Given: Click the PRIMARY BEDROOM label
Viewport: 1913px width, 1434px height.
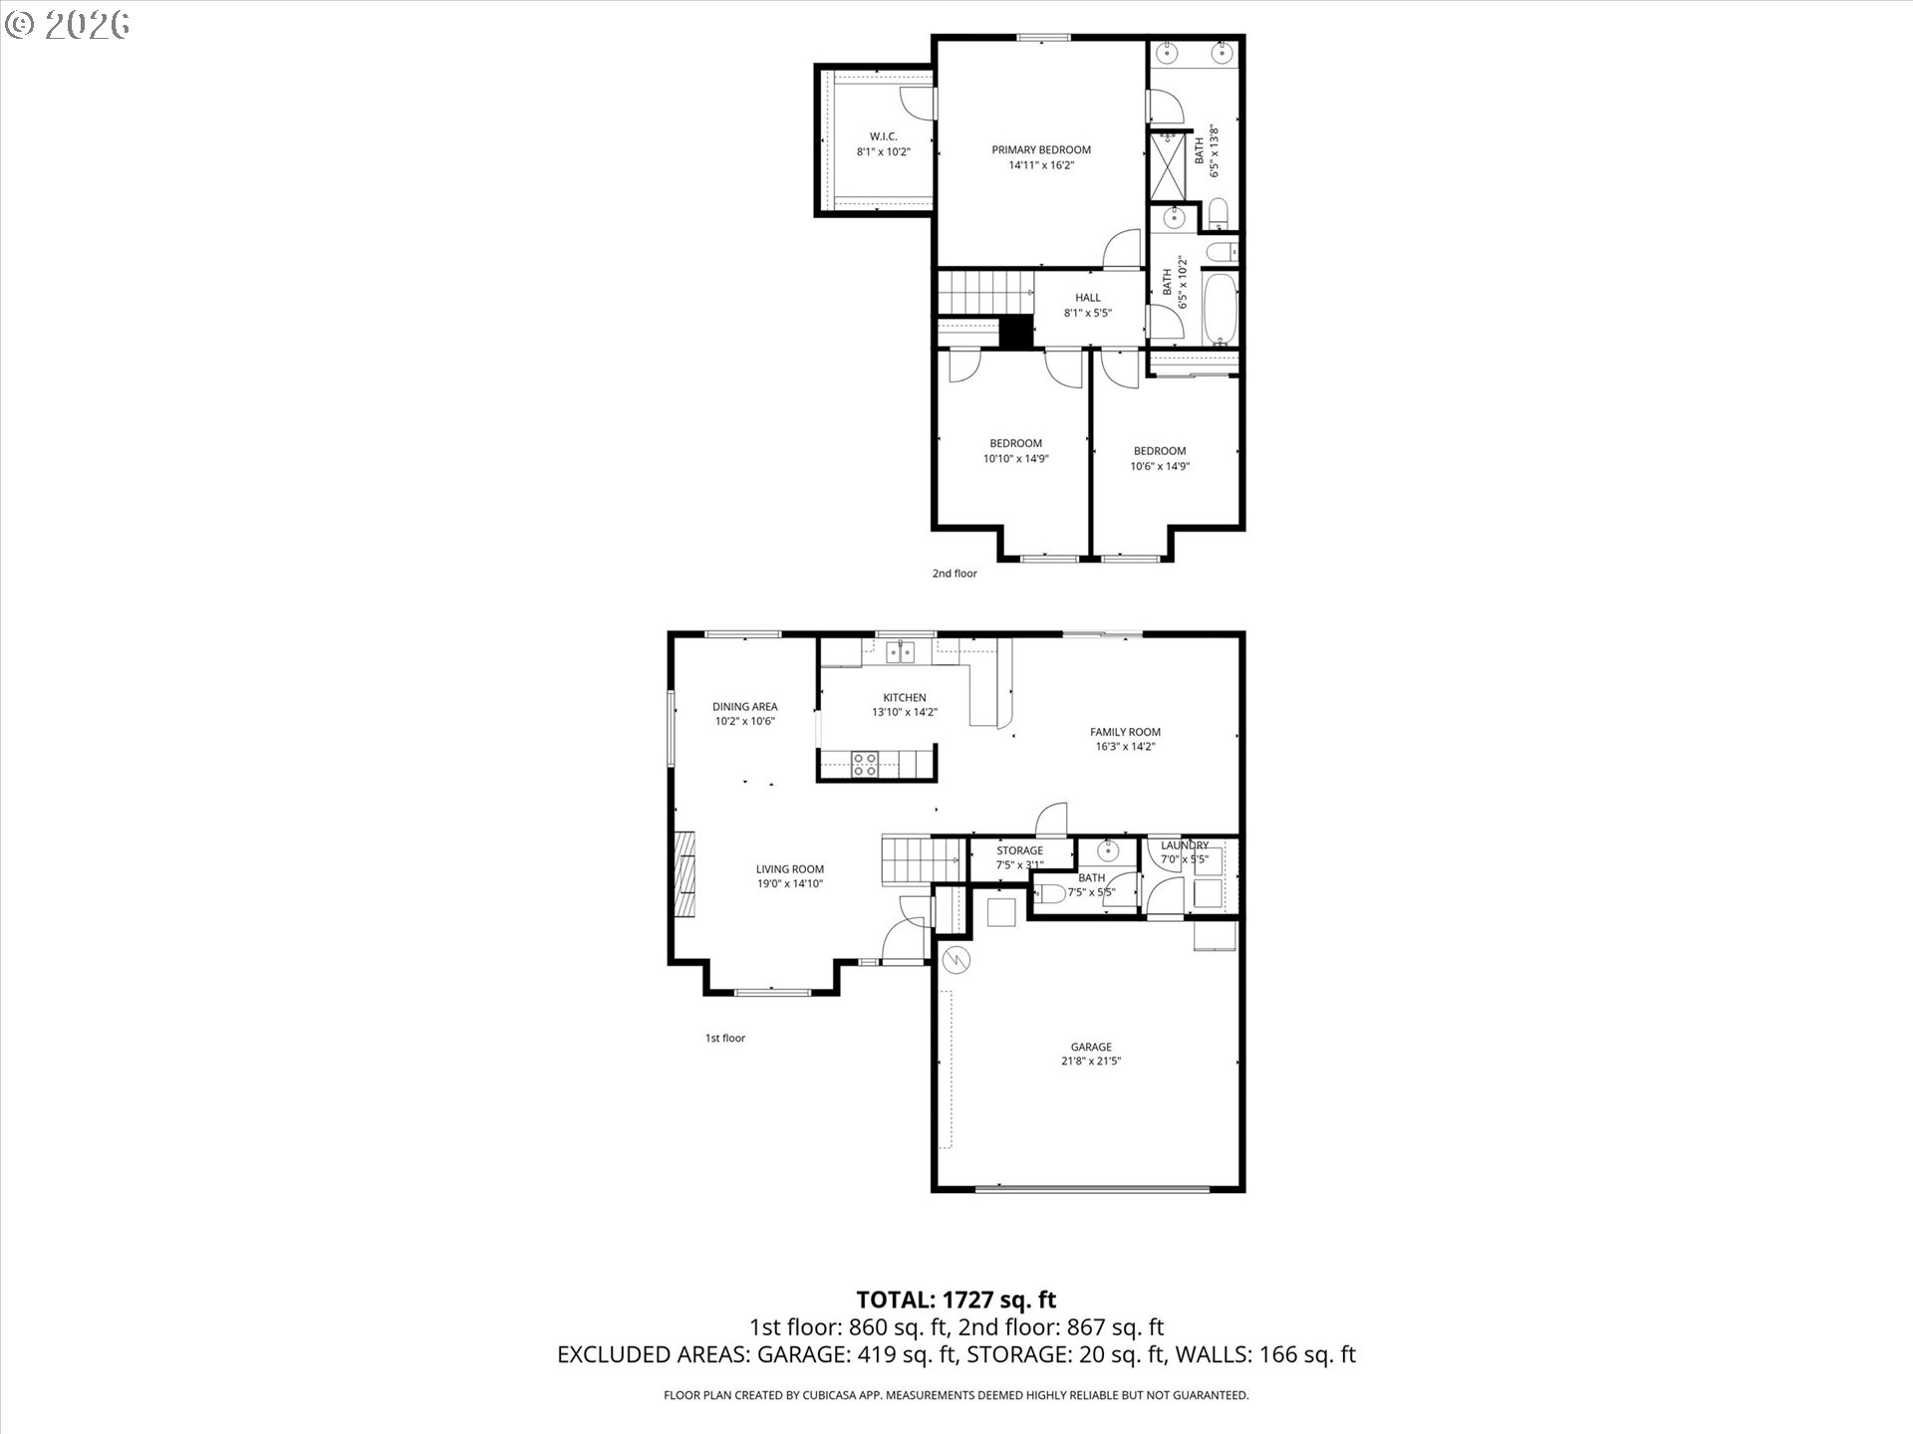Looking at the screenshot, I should [1041, 150].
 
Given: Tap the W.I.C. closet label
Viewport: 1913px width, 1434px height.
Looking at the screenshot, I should [883, 136].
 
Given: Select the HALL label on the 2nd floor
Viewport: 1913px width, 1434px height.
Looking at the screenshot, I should [1087, 298].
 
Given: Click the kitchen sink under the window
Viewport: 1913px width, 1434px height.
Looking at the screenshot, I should [902, 652].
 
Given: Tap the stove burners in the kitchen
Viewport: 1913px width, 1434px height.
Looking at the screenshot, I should [865, 764].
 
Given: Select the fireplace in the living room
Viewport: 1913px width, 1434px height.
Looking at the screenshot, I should [683, 873].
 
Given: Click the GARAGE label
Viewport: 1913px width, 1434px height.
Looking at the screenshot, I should [1091, 1047].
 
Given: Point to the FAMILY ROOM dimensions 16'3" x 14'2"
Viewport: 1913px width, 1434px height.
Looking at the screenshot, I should [1125, 747].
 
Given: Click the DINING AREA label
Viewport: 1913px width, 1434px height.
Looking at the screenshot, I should [744, 707].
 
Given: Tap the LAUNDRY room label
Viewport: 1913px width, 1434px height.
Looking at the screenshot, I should [1185, 845].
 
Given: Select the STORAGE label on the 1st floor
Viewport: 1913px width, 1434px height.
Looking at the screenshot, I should [1020, 850].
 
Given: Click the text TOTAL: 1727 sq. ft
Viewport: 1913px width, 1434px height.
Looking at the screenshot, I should [956, 1300].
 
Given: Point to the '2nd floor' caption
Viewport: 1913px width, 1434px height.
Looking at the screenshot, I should [955, 574].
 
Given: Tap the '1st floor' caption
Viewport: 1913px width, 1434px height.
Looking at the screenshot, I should [725, 1038].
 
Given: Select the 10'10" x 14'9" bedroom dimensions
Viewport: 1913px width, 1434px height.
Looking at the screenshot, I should [1016, 459].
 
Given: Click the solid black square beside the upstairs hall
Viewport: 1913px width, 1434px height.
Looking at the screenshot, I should [1015, 332].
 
